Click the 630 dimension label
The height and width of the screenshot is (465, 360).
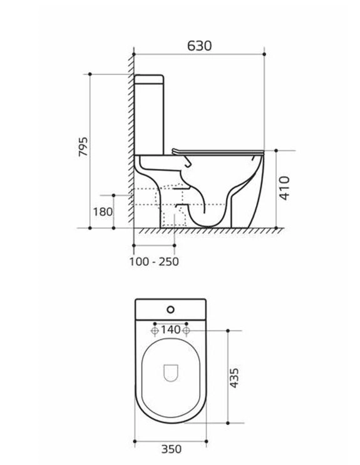tap(200, 46)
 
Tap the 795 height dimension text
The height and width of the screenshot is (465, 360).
tap(83, 146)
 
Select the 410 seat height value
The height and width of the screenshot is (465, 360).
tap(284, 188)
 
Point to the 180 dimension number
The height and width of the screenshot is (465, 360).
tap(103, 212)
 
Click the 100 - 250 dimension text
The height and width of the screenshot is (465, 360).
tap(154, 262)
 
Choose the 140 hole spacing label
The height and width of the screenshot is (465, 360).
tap(170, 329)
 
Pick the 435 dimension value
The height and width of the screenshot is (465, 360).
tap(234, 378)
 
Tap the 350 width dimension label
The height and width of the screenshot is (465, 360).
tap(172, 449)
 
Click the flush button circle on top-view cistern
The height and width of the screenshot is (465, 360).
tap(170, 310)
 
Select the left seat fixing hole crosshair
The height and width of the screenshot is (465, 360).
tap(155, 330)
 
